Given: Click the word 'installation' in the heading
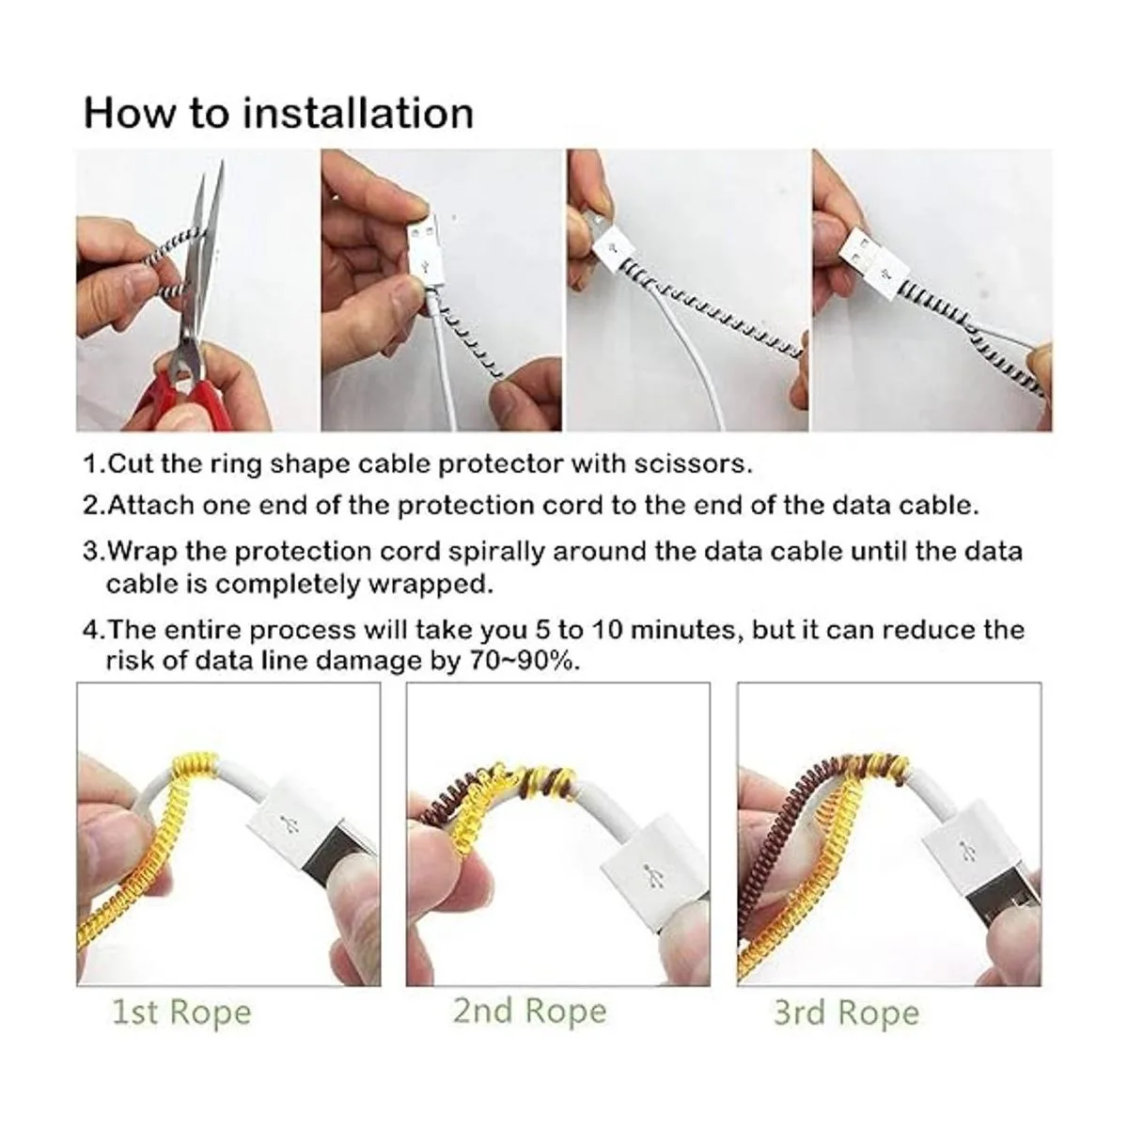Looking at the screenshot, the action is (x=357, y=113).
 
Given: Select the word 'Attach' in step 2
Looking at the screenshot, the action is (x=149, y=505).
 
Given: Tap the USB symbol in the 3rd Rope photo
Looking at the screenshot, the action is (x=963, y=849).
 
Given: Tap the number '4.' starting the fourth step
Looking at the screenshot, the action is (x=95, y=631).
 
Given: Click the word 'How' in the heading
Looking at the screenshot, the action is (x=130, y=113).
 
